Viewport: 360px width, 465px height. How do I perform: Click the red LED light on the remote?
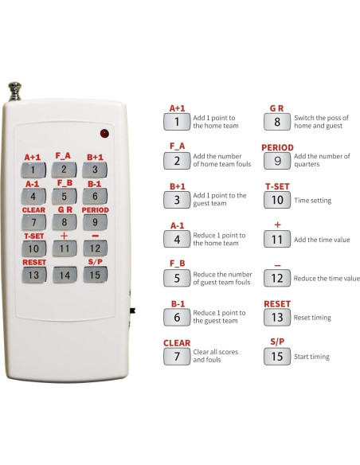[x=104, y=133]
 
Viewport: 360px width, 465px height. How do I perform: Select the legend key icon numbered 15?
[x=277, y=357]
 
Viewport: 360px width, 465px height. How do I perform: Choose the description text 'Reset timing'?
[x=313, y=318]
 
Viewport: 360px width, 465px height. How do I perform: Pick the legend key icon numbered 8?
[x=277, y=123]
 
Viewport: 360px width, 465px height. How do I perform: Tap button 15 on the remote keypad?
[x=95, y=275]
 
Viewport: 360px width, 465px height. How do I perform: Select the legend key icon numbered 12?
[x=277, y=279]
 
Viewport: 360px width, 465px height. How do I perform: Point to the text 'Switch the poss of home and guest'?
[x=323, y=122]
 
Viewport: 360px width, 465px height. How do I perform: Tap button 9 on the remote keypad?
[x=95, y=222]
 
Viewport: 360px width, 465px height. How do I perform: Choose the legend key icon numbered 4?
[x=177, y=240]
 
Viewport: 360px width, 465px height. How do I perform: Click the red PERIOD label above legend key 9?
[x=277, y=147]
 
